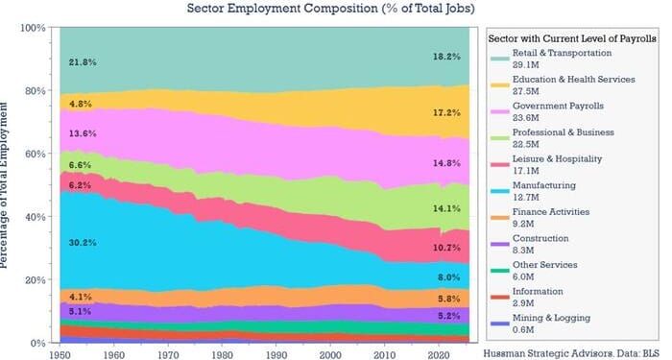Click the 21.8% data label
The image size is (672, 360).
pos(82,62)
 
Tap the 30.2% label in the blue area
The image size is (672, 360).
pos(82,243)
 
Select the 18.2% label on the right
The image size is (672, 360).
pos(446,57)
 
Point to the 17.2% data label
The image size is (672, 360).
pos(446,112)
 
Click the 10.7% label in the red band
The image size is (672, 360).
pos(446,247)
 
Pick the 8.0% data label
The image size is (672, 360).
pos(449,276)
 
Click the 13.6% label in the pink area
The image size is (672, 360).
pos(82,133)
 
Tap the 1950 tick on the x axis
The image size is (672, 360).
pos(60,353)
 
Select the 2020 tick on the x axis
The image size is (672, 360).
pos(438,353)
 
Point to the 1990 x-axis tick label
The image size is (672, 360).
pos(276,353)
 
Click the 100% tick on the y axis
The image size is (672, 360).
pos(33,28)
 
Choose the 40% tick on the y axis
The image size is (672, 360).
pos(36,217)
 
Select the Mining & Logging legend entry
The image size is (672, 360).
pos(551,317)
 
